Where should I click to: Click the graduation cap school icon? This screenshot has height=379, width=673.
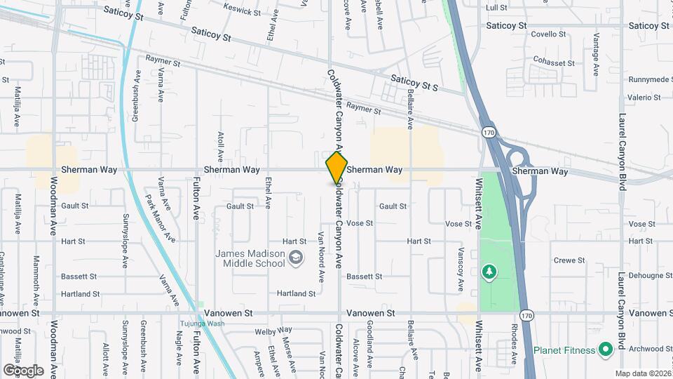click(x=297, y=258)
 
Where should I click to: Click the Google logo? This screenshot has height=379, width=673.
click(x=23, y=370)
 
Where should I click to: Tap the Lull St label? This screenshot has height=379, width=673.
click(x=496, y=8)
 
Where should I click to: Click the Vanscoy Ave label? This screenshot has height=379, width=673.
click(x=461, y=270)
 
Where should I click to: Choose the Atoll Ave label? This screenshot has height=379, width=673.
click(x=220, y=146)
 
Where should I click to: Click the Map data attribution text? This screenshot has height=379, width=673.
click(x=642, y=373)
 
